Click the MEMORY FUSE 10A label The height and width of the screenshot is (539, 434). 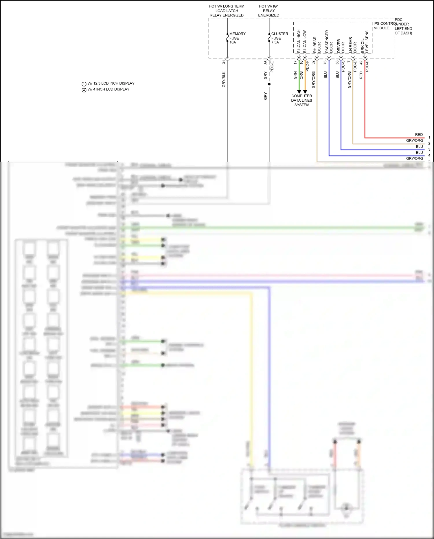click(x=237, y=38)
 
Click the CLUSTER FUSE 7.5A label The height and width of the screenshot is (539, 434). click(x=279, y=38)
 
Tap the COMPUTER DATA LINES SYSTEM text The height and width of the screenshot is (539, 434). click(x=301, y=100)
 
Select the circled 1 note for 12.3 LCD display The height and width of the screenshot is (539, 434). click(x=84, y=84)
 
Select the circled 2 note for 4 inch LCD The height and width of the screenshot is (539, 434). click(x=84, y=90)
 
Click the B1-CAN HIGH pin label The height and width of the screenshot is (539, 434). click(x=299, y=41)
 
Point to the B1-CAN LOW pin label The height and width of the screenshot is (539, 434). click(x=305, y=42)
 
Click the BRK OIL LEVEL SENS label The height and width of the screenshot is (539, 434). click(x=365, y=42)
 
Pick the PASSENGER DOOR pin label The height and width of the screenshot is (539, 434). click(x=329, y=42)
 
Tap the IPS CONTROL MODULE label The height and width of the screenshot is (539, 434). click(x=383, y=26)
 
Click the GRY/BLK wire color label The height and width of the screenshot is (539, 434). click(x=224, y=79)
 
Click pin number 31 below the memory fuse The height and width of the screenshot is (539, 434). click(x=224, y=62)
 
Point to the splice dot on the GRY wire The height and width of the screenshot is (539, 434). click(x=269, y=84)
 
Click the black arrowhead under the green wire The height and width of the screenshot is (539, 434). click(x=299, y=92)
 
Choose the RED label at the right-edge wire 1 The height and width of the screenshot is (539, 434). click(x=419, y=135)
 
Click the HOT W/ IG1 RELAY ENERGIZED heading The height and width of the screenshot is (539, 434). click(x=269, y=11)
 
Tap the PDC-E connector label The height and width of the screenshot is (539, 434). click(x=272, y=67)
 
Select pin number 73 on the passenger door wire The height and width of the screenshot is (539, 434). click(x=325, y=62)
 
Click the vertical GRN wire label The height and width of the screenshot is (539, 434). click(x=295, y=75)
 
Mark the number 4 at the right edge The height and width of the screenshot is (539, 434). click(x=429, y=155)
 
